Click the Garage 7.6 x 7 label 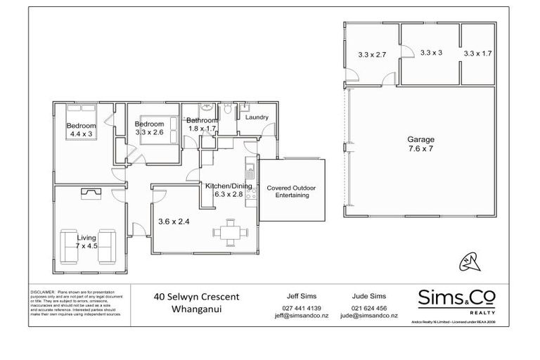point(420,144)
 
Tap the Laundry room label point(256,117)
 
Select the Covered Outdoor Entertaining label point(291,193)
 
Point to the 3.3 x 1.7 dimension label point(478,53)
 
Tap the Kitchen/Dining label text point(224,186)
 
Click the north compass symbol point(472,262)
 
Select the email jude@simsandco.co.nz point(368,316)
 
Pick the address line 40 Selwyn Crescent point(197,296)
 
